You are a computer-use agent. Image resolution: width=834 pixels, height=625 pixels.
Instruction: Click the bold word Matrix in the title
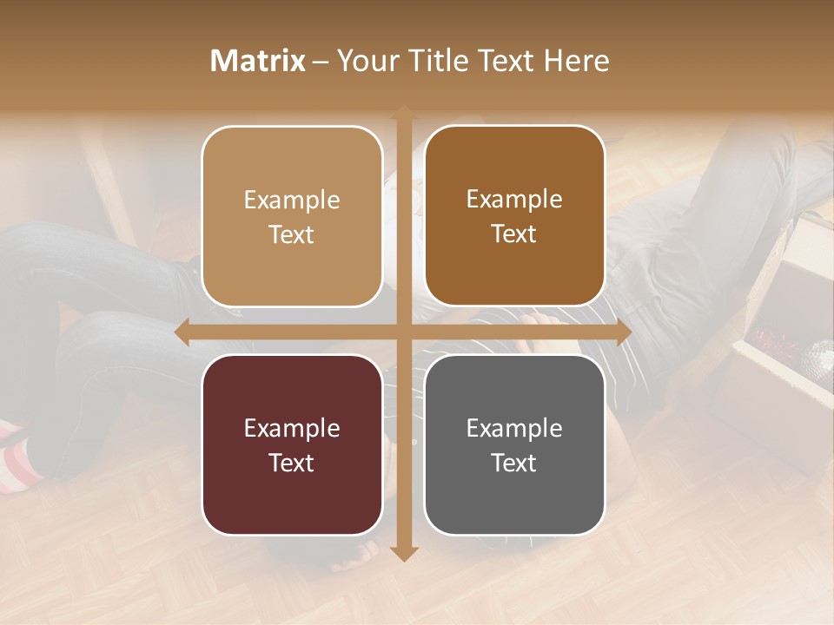click(x=258, y=61)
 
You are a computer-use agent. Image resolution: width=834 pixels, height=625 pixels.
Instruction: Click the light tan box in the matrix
click(x=292, y=216)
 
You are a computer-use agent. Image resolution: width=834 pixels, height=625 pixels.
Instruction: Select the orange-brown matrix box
click(x=514, y=216)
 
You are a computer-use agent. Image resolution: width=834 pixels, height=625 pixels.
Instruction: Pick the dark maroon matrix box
click(x=292, y=444)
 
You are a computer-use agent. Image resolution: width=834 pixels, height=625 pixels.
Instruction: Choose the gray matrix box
click(x=514, y=444)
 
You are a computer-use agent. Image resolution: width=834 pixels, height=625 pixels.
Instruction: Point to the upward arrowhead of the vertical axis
click(x=402, y=112)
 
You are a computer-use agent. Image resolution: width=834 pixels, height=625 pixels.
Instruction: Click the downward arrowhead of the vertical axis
click(x=402, y=553)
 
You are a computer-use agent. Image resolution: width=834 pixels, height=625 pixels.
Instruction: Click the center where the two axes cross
click(x=402, y=332)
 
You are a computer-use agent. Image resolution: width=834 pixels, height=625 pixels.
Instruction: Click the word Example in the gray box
click(x=514, y=428)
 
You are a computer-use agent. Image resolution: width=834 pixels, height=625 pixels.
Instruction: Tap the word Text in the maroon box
click(x=292, y=463)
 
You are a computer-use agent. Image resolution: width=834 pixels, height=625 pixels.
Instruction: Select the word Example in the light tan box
click(x=292, y=200)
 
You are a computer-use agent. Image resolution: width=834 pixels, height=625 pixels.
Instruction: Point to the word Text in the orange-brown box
click(x=514, y=234)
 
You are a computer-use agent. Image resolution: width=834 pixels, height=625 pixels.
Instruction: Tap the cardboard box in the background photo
click(x=782, y=347)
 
